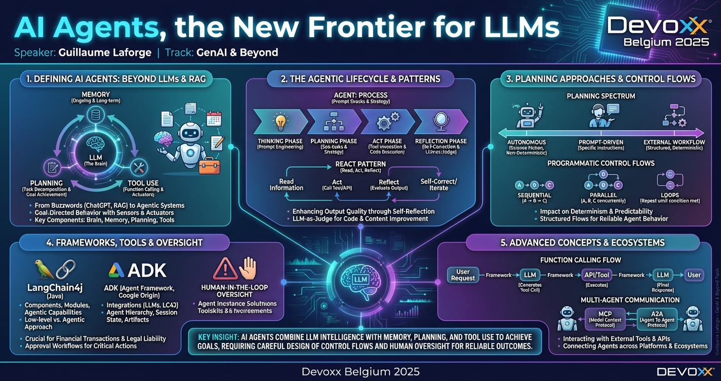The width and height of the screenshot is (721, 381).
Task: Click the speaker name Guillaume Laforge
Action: (x=105, y=53)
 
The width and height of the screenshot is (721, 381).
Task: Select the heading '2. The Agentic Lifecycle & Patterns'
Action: (x=360, y=79)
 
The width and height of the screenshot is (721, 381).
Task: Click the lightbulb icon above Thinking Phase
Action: (x=279, y=122)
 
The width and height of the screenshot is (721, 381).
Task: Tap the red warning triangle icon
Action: (x=225, y=269)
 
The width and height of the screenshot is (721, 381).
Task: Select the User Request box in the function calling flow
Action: (x=463, y=275)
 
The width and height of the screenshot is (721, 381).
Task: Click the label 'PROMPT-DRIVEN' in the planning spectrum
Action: (x=600, y=142)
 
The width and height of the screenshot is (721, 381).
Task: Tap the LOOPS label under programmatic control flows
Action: (x=670, y=195)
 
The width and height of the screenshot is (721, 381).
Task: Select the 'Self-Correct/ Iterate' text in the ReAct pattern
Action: (x=438, y=184)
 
